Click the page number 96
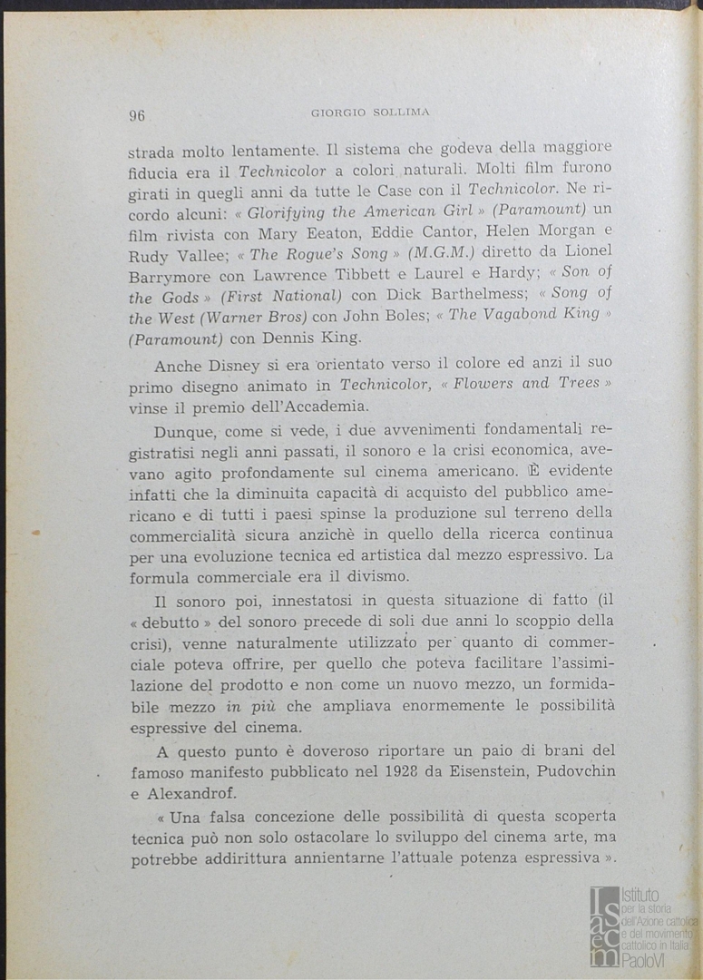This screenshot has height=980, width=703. (137, 114)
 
